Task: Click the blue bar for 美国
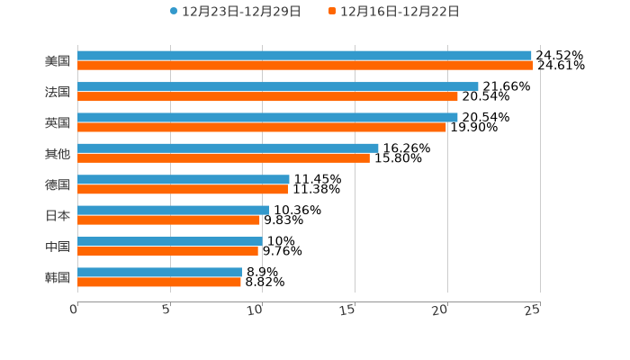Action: pyautogui.click(x=304, y=56)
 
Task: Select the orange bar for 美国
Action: pyautogui.click(x=305, y=66)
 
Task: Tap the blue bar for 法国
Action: pyautogui.click(x=278, y=86)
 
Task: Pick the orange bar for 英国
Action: pyautogui.click(x=262, y=127)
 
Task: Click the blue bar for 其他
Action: pyautogui.click(x=228, y=148)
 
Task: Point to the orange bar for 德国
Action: pyautogui.click(x=183, y=189)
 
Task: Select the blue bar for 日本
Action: pyautogui.click(x=173, y=210)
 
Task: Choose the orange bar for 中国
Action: pyautogui.click(x=167, y=251)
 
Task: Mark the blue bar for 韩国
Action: pyautogui.click(x=159, y=272)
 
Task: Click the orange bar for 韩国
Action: pyautogui.click(x=159, y=282)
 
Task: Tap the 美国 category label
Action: pyautogui.click(x=58, y=61)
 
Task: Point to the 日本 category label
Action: pyautogui.click(x=58, y=216)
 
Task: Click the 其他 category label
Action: pyautogui.click(x=58, y=154)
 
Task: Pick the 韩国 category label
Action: pyautogui.click(x=58, y=277)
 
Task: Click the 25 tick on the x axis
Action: pyautogui.click(x=533, y=310)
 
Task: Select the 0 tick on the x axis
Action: pyautogui.click(x=75, y=310)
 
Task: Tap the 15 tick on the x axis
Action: pyautogui.click(x=348, y=310)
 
